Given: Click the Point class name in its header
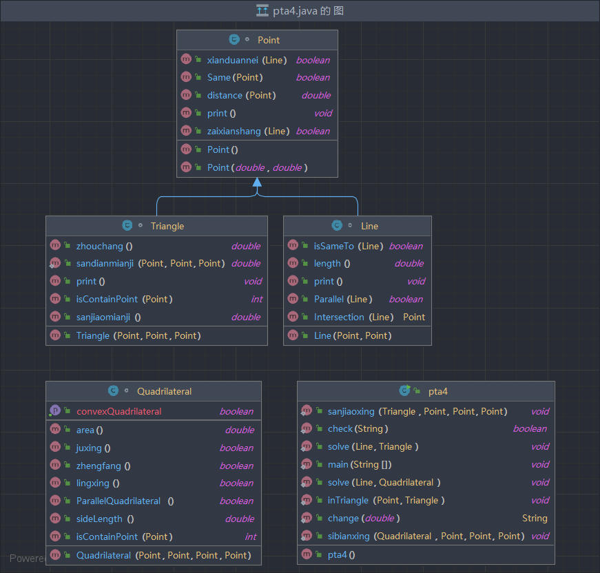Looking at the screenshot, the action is point(269,40).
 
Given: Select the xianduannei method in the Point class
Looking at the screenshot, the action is point(233,60).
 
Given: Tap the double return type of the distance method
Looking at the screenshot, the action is point(316,95).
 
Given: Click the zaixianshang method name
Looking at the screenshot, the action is point(234,132).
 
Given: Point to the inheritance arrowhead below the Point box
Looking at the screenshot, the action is point(257,182).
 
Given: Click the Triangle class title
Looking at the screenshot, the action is point(167,226).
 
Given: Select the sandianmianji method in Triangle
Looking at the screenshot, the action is point(105,264).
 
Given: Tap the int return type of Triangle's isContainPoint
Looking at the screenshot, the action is point(257,299).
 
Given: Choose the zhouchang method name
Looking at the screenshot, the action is point(99,247).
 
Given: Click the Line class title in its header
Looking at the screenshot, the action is point(370,226).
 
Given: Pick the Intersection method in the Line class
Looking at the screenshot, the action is point(339,317).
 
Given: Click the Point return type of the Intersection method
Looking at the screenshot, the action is point(414,317).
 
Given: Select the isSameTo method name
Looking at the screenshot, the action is point(333,247).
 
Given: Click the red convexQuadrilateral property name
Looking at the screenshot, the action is point(119,412).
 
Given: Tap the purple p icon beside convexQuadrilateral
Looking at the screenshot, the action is point(55,410).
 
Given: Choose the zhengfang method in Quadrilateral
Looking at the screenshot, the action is point(99,466).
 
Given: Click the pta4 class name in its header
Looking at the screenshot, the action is point(437,391).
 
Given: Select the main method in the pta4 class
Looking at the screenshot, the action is point(338,464).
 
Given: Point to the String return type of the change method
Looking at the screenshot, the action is point(535,519).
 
